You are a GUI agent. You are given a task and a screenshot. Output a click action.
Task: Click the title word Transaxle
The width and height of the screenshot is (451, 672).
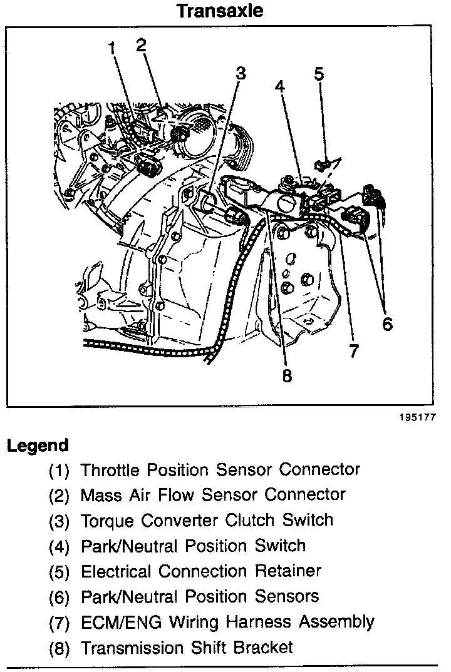pos(219,11)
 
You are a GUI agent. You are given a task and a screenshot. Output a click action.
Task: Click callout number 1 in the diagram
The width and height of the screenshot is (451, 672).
pos(113,48)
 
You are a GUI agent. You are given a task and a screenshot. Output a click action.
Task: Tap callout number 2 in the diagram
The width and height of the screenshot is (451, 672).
pos(141,44)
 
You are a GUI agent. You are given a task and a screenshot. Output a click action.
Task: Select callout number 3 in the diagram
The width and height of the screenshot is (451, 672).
pos(241,73)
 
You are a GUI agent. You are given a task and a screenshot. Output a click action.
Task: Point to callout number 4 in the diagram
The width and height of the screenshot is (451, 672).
pos(280,87)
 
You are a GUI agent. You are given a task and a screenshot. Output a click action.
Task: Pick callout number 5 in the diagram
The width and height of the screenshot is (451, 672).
pos(319,74)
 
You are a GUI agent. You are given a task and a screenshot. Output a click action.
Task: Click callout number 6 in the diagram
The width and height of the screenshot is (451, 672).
pos(386,323)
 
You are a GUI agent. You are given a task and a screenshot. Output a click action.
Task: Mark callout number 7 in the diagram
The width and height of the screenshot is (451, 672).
pos(354,351)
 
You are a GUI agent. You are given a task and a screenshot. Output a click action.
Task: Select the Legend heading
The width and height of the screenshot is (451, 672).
pos(37,446)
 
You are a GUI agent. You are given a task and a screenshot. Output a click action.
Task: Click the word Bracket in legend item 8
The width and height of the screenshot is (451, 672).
pos(263,647)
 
